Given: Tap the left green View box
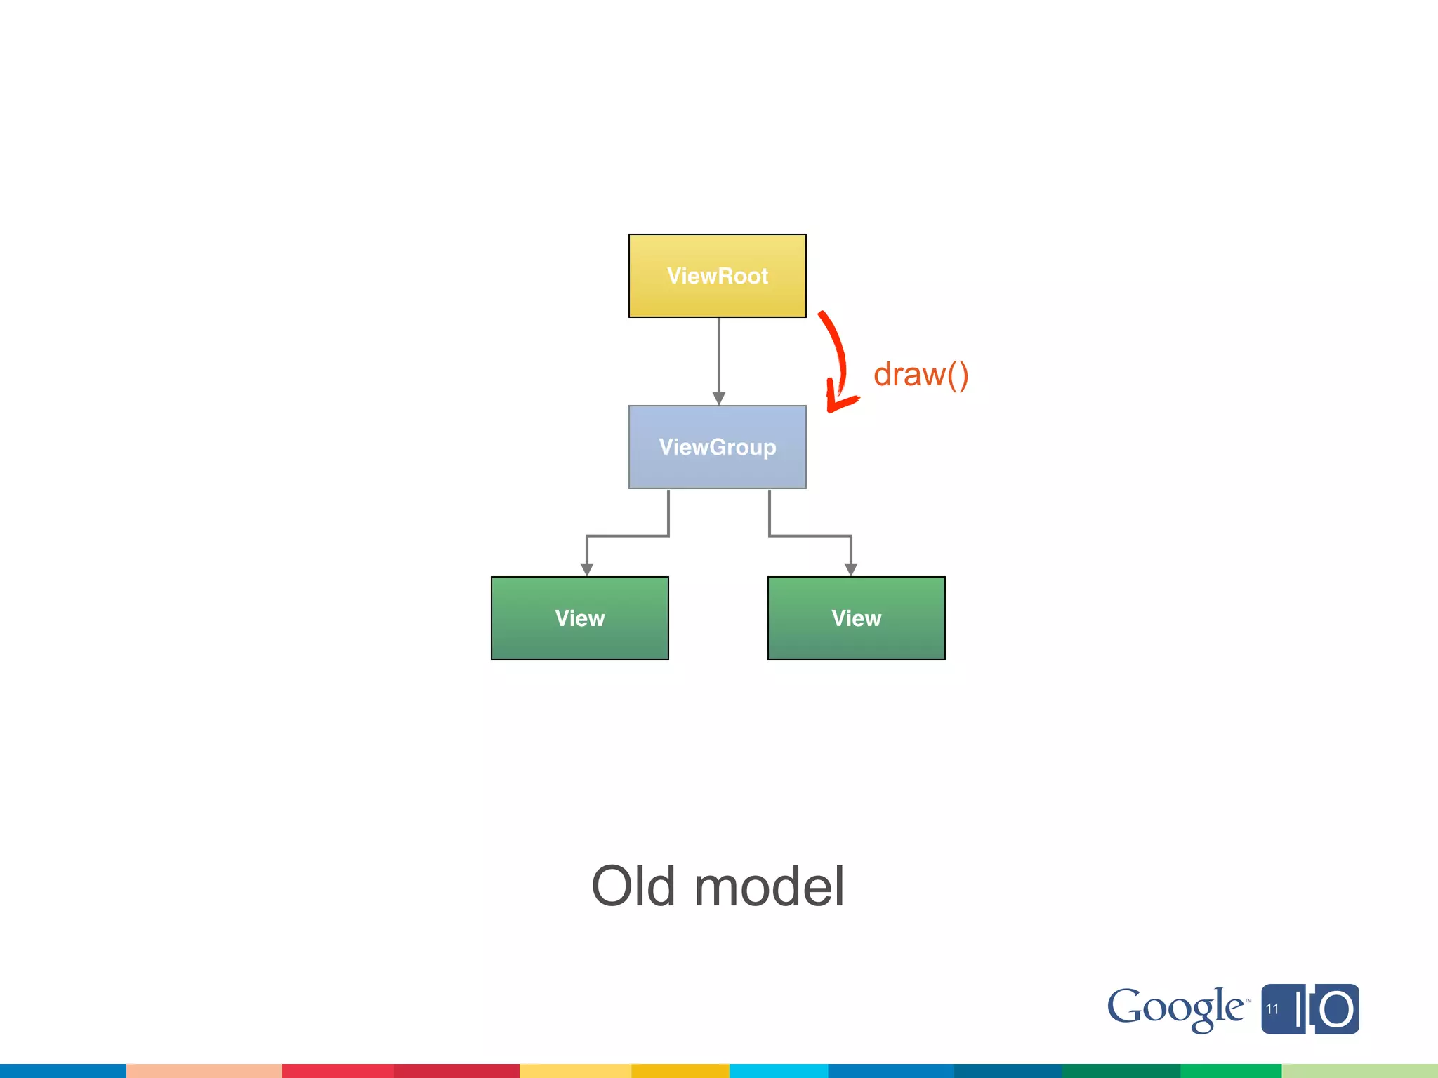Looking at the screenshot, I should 579,618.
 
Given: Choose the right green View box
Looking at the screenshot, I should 856,618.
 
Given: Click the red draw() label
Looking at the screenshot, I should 921,375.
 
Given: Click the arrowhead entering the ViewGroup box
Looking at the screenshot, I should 718,399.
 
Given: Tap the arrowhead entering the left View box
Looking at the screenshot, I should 587,569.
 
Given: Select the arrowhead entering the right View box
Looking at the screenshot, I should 851,569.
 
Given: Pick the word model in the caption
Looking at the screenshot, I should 769,886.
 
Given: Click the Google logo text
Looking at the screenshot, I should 1175,1009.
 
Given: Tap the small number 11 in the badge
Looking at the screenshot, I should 1272,1009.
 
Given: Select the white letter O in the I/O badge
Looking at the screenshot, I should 1335,1010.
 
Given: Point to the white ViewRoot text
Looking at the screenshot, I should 717,276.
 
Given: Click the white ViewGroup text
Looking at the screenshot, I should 717,447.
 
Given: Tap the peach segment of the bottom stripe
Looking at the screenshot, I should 204,1071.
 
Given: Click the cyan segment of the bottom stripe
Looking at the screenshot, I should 778,1071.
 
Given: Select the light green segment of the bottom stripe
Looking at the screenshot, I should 1359,1071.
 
